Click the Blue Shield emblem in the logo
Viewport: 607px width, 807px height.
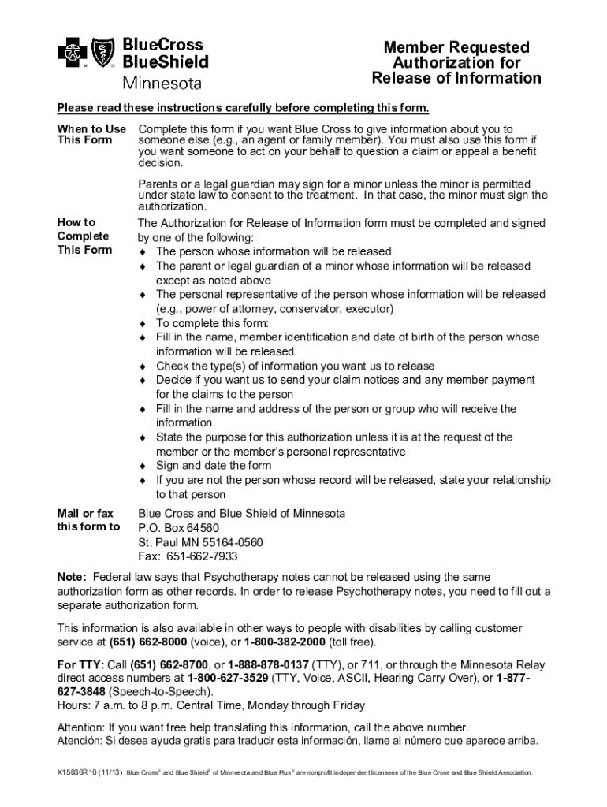(103, 54)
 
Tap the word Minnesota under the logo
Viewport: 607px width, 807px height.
(162, 83)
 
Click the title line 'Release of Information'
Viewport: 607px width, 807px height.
(456, 78)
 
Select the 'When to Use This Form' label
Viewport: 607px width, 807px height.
(91, 135)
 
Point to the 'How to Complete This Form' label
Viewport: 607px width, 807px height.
(84, 236)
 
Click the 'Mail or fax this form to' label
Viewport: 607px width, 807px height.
(88, 520)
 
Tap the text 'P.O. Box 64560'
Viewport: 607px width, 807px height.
(178, 528)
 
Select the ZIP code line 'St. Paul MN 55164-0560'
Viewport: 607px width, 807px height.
(200, 542)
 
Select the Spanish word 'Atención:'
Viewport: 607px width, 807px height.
(81, 741)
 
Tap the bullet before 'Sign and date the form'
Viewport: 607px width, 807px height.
(143, 466)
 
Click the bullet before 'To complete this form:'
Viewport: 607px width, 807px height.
(143, 323)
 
